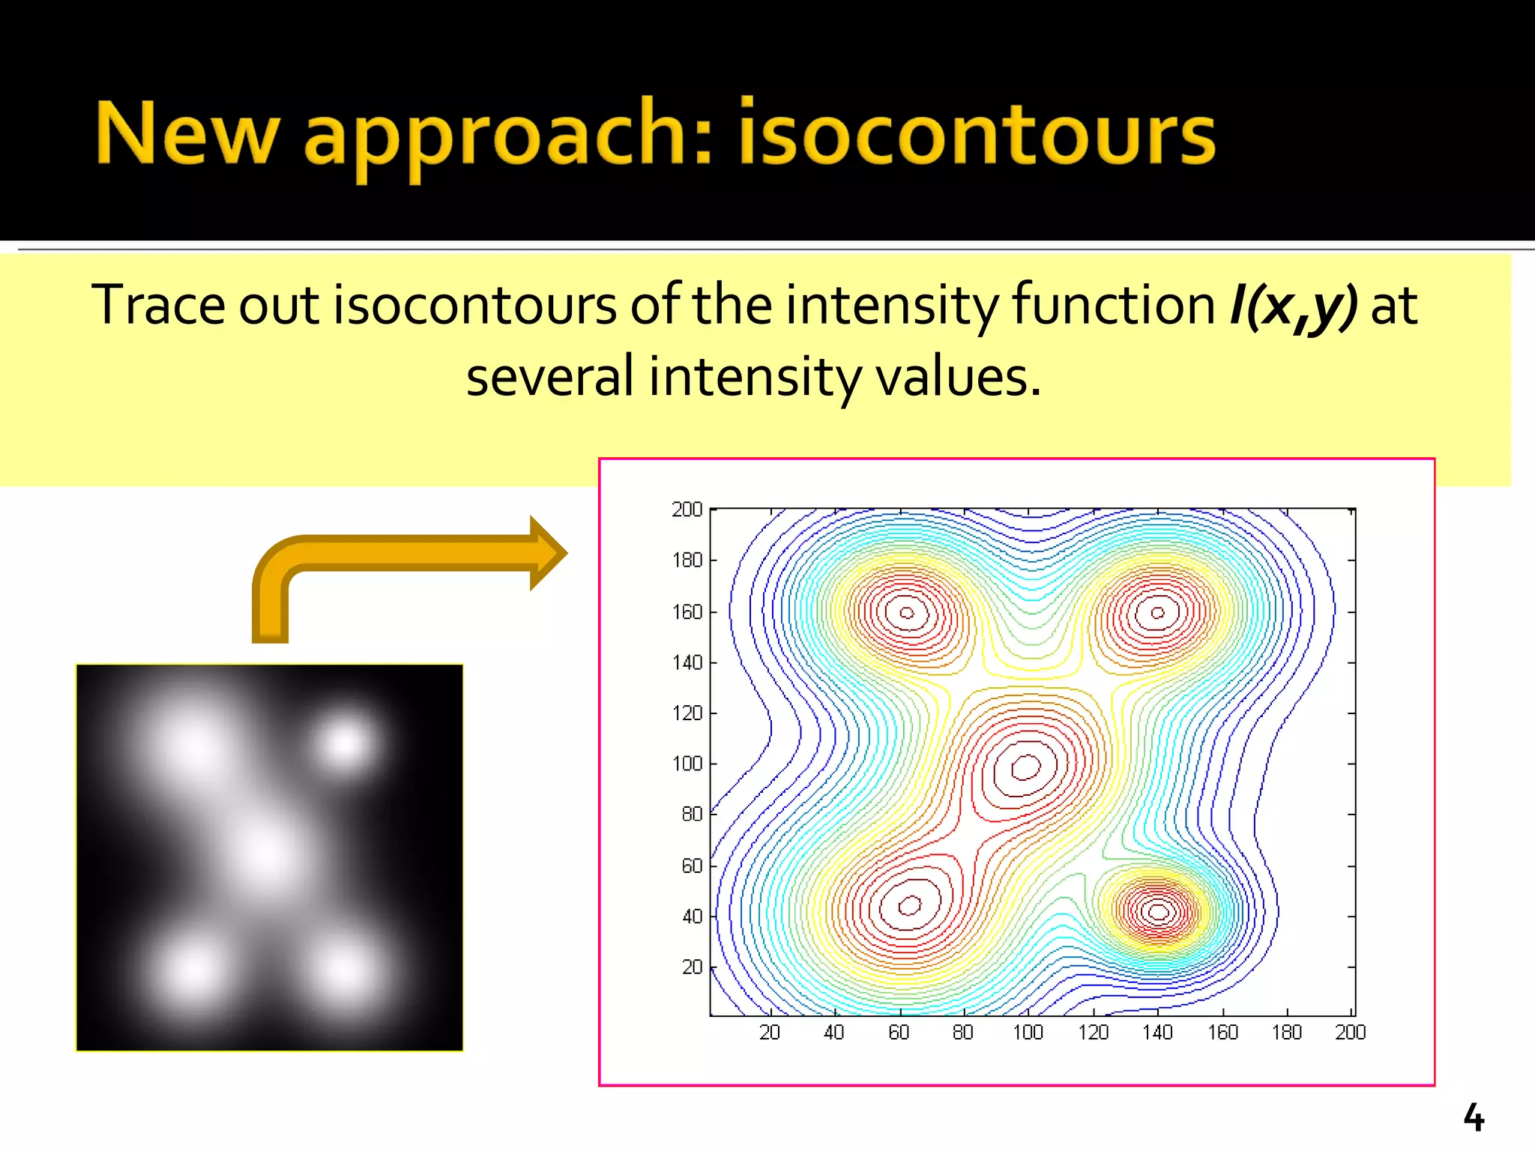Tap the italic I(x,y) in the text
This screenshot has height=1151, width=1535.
click(x=1293, y=306)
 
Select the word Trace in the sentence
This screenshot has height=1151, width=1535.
click(x=157, y=306)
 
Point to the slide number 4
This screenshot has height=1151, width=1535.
click(x=1474, y=1118)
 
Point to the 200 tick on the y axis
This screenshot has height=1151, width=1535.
click(x=687, y=510)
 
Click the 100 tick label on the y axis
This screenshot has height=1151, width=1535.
click(x=687, y=764)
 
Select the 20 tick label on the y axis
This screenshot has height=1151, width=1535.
click(x=692, y=967)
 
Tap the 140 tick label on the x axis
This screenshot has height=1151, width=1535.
click(x=1157, y=1033)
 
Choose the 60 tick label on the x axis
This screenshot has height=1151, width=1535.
click(x=899, y=1033)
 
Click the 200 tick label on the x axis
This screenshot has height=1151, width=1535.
click(x=1350, y=1033)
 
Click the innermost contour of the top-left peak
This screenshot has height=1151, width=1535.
click(x=907, y=613)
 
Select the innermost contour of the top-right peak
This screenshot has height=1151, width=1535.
click(x=1158, y=613)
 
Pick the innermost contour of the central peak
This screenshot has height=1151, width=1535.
click(x=1025, y=767)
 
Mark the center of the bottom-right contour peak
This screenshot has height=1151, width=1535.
click(x=1159, y=912)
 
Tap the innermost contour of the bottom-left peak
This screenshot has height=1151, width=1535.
click(x=910, y=905)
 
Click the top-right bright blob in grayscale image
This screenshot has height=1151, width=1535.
click(x=345, y=744)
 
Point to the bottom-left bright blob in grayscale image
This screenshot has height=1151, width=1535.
click(x=193, y=972)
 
